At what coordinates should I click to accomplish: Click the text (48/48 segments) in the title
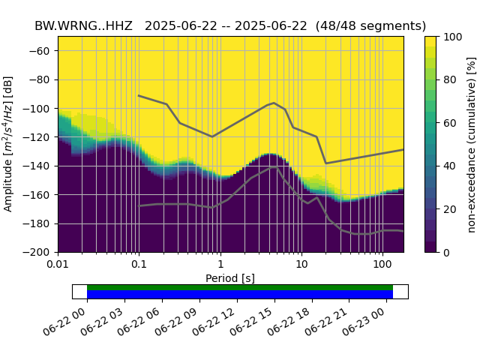pyautogui.click(x=370, y=25)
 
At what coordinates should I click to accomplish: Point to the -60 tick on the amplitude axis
pyautogui.click(x=42, y=51)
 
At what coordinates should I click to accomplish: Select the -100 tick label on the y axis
pyautogui.click(x=39, y=109)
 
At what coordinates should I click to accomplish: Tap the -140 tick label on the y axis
pyautogui.click(x=39, y=166)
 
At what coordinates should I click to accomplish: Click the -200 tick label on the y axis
pyautogui.click(x=39, y=253)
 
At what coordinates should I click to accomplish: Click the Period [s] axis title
pyautogui.click(x=230, y=278)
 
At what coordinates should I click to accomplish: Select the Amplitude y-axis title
pyautogui.click(x=9, y=144)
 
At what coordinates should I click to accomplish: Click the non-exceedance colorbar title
pyautogui.click(x=471, y=144)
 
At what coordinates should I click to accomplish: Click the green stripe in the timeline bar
pyautogui.click(x=240, y=287)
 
